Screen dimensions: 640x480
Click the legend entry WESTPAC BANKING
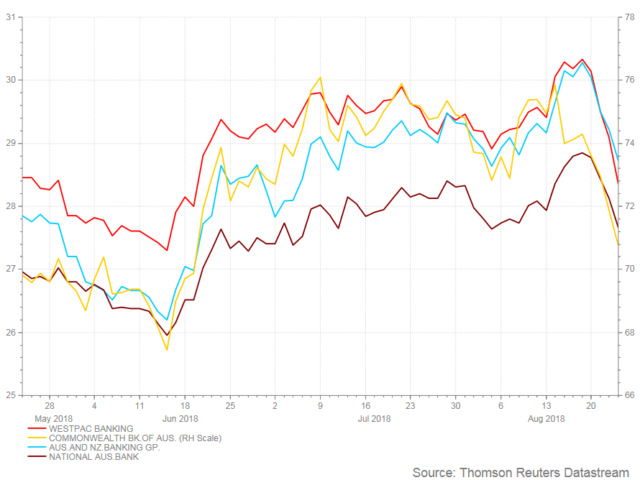coord(91,428)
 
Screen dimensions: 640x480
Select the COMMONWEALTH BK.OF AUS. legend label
coord(135,438)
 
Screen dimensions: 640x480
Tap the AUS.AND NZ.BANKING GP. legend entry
coord(104,448)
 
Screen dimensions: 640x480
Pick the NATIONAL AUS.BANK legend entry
coord(94,457)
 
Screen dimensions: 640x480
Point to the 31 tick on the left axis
coord(11,17)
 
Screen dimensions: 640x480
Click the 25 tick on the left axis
coord(11,394)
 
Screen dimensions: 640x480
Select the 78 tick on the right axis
coord(630,17)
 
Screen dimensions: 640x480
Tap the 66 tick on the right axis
coord(630,394)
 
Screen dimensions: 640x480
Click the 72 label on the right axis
coord(630,206)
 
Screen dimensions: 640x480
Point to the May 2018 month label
coord(53,419)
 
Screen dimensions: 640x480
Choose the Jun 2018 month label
coord(180,419)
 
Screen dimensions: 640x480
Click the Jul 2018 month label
coord(374,419)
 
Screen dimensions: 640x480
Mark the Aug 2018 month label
coord(546,419)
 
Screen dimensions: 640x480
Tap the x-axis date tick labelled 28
coord(50,406)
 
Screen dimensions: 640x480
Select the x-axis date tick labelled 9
coord(320,406)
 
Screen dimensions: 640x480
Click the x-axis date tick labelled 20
coord(590,406)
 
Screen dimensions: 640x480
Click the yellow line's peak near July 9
coord(320,77)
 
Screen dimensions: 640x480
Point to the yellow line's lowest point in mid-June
coord(167,350)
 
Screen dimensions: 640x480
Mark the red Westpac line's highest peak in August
coord(582,59)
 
